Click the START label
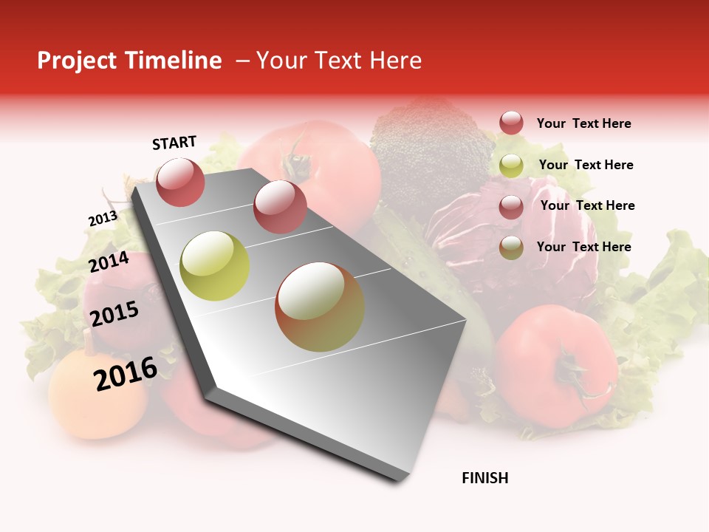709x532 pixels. [174, 143]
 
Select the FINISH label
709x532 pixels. [485, 478]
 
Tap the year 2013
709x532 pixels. [103, 219]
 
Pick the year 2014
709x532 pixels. [109, 262]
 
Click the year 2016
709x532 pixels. [126, 373]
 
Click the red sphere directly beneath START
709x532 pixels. [180, 182]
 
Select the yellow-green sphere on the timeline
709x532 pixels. [215, 266]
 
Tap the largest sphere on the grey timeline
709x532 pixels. [320, 307]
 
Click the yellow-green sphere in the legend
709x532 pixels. [511, 166]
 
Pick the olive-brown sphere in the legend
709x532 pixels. [511, 248]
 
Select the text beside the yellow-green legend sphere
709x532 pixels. [586, 165]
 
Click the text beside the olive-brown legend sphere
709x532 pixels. [584, 247]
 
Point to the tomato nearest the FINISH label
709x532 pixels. [555, 366]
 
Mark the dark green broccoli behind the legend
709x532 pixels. [428, 148]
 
